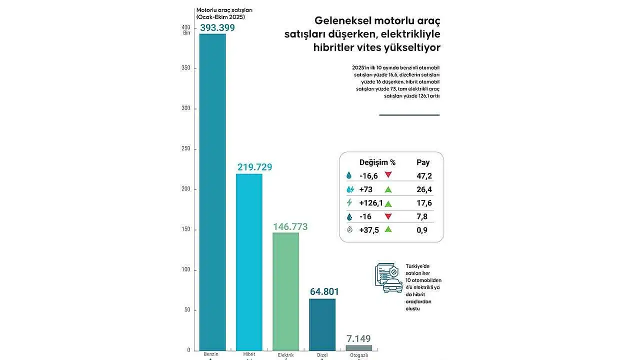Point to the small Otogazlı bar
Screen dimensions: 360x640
pyautogui.click(x=359, y=348)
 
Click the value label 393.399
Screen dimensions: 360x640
pyautogui.click(x=217, y=27)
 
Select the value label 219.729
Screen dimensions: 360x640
pyautogui.click(x=254, y=167)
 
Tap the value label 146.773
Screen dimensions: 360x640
pyautogui.click(x=290, y=226)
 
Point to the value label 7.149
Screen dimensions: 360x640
pyautogui.click(x=358, y=338)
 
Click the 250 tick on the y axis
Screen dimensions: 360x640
pyautogui.click(x=186, y=149)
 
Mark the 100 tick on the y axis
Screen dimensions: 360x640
pyautogui.click(x=186, y=270)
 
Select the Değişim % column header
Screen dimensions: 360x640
pyautogui.click(x=377, y=162)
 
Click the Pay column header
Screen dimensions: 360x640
pyautogui.click(x=423, y=162)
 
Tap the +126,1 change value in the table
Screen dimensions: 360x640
pyautogui.click(x=371, y=203)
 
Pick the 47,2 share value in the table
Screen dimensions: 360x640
pyautogui.click(x=424, y=176)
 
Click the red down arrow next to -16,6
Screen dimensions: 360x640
pyautogui.click(x=388, y=175)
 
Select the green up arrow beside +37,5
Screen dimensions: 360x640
pyautogui.click(x=388, y=229)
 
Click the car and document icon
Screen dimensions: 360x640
pyautogui.click(x=388, y=277)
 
